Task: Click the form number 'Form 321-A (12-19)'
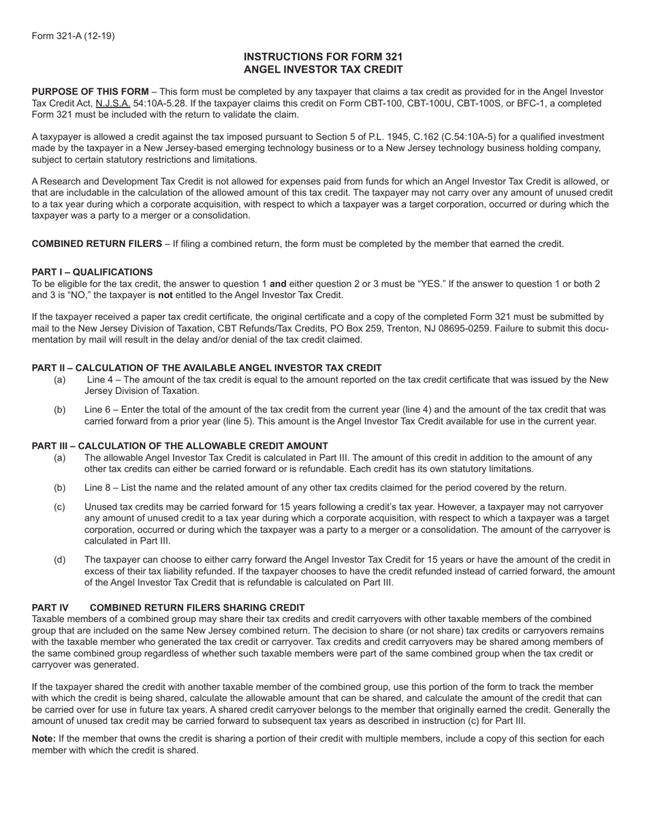73,36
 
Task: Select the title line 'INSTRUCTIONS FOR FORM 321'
323,57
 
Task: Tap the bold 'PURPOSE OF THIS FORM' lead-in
90,92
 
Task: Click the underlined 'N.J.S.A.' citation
113,103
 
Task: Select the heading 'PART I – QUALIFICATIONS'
92,272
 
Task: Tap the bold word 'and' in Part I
278,283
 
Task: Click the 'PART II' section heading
206,368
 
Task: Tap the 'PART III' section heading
180,446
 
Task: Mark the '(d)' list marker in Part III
60,559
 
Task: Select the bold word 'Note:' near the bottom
44,738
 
